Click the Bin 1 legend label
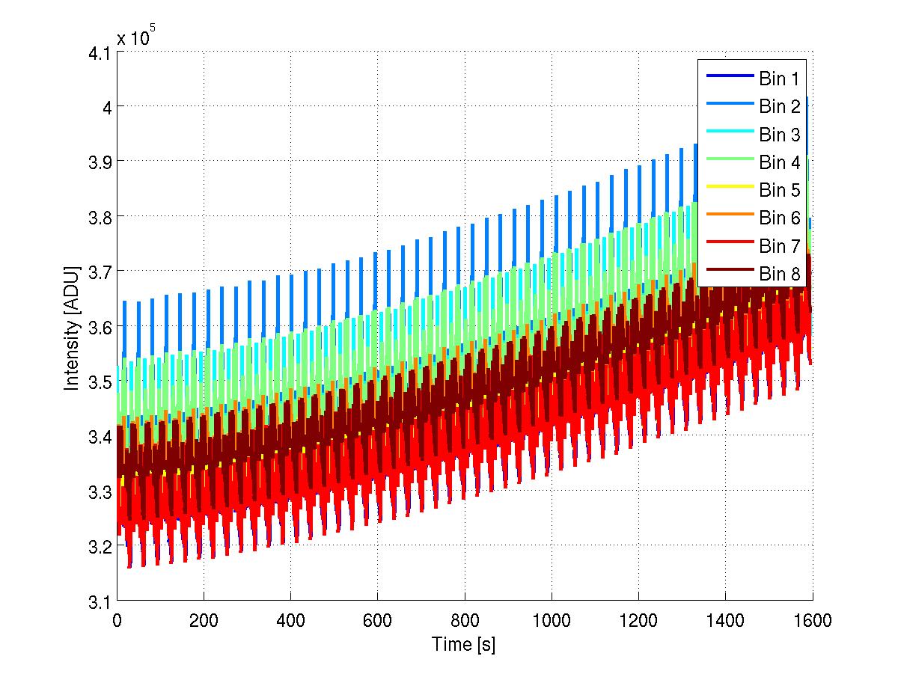(779, 78)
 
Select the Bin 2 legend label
(779, 106)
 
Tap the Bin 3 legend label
(779, 135)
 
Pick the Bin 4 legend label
(779, 162)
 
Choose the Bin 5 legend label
(779, 191)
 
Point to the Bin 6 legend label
(779, 218)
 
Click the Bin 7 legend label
(779, 246)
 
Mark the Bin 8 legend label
(779, 275)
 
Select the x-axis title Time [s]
(464, 644)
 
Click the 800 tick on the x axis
(464, 619)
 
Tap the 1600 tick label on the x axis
(812, 619)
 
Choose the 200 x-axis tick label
(203, 619)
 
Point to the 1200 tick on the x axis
(638, 619)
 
